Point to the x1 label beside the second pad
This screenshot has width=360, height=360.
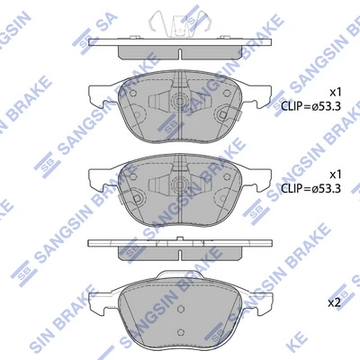tap(334, 173)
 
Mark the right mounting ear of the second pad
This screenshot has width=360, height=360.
tap(257, 178)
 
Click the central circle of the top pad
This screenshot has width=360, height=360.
tap(176, 103)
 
